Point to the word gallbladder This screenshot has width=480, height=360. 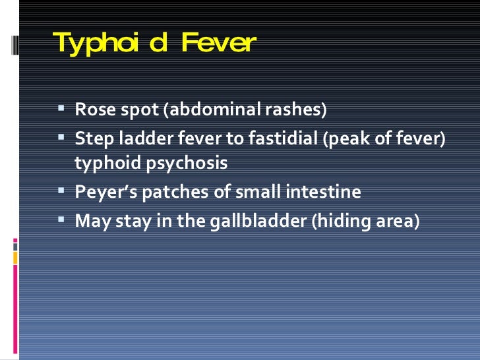pyautogui.click(x=256, y=221)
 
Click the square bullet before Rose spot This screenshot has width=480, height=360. pyautogui.click(x=61, y=107)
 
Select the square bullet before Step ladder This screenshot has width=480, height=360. pyautogui.click(x=61, y=138)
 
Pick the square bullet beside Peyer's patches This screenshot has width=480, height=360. pyautogui.click(x=61, y=191)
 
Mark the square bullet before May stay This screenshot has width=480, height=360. pyautogui.click(x=61, y=219)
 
